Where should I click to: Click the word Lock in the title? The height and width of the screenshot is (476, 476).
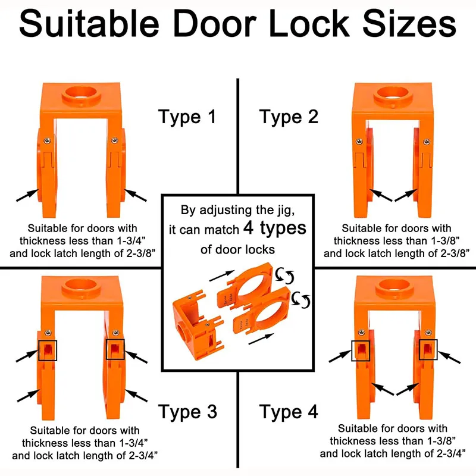point(309,23)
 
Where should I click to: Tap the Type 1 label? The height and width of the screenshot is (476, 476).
point(187,117)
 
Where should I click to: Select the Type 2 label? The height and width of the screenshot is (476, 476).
point(289,117)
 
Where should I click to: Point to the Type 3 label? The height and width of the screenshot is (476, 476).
point(187,412)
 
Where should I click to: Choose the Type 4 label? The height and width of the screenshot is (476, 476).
point(289,412)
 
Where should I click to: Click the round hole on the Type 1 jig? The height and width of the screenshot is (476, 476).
point(81,93)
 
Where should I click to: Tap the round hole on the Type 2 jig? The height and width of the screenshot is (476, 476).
point(393,93)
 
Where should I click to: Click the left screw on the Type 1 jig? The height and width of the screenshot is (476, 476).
point(48,140)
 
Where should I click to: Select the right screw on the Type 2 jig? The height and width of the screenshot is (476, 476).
point(427,142)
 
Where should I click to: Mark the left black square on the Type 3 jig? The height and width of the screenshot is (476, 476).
point(48,350)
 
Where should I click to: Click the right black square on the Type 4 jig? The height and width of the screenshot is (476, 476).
point(428,349)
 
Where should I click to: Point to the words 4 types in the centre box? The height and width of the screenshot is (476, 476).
point(275,228)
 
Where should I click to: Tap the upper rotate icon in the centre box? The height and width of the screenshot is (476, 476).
point(285,275)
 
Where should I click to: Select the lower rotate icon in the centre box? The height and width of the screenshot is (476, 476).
point(301,300)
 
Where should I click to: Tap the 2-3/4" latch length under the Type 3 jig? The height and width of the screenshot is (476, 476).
point(143,456)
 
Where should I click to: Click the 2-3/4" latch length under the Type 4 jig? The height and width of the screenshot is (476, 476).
point(452,453)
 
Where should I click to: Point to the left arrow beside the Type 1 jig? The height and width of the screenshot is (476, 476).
point(27,195)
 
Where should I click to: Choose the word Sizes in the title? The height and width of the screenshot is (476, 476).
point(409,23)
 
